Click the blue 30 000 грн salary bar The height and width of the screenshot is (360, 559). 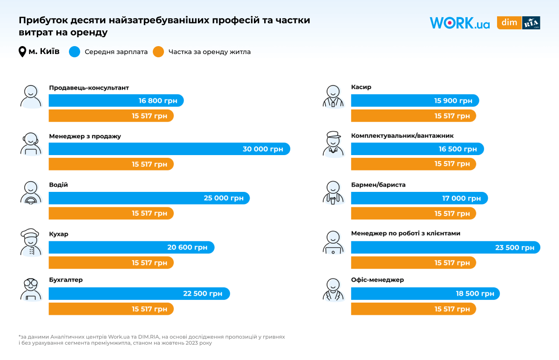[x=169, y=149]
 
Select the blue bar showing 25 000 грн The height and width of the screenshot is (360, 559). [x=149, y=198]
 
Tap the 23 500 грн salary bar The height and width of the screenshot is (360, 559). [x=445, y=247]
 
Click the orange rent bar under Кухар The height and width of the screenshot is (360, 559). [x=111, y=263]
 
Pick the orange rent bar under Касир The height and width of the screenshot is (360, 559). [x=413, y=116]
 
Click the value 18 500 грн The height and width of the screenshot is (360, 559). [x=475, y=294]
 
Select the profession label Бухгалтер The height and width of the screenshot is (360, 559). [x=66, y=280]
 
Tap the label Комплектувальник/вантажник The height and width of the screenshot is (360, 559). [x=402, y=136]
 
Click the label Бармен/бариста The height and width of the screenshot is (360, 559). [x=378, y=185]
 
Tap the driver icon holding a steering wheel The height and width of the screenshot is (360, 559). [x=31, y=193]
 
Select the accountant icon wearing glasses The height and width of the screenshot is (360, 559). [x=31, y=289]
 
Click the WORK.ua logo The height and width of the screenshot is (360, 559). [x=459, y=23]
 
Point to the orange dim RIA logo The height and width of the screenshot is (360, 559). [x=518, y=23]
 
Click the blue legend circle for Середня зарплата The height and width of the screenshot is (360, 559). [x=75, y=52]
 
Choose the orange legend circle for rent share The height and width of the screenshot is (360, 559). [x=158, y=52]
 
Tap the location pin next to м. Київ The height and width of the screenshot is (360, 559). [x=22, y=52]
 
